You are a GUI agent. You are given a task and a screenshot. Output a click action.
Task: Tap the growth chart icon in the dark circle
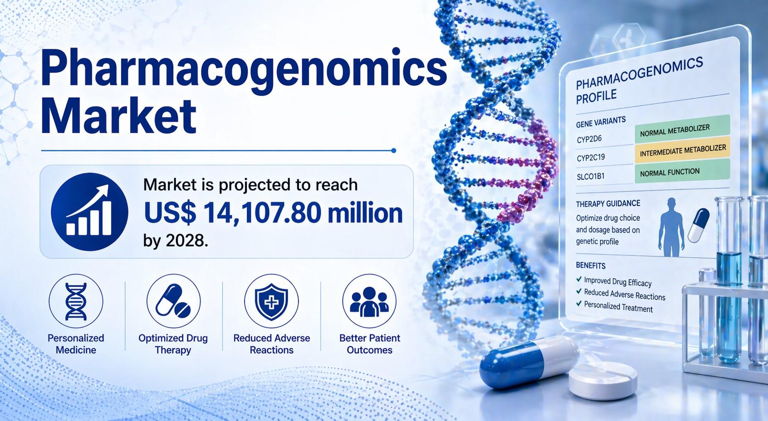coord(89,211)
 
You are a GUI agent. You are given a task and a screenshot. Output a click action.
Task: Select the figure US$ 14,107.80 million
coord(273,213)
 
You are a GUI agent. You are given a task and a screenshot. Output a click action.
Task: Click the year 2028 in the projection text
coord(186,241)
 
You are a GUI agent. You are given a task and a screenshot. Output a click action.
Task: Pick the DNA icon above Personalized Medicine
coord(76,301)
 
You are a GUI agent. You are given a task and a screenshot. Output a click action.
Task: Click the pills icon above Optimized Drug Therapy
coord(173,301)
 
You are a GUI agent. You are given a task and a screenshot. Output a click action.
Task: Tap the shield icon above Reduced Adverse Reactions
coord(271,301)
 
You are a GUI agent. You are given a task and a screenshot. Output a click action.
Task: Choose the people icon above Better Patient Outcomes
coord(369,301)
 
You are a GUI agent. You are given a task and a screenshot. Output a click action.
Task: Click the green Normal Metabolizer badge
coord(682,129)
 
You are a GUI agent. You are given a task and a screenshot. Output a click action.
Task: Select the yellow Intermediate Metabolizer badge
coord(683,150)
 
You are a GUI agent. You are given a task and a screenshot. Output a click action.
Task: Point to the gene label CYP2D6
coord(589,139)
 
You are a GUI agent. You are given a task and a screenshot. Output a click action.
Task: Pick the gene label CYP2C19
coord(591,158)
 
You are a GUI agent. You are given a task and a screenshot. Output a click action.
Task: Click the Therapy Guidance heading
coord(608,203)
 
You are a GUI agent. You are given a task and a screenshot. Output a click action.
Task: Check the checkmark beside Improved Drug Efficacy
coord(579,279)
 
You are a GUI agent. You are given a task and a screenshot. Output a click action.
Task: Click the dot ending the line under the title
coord(394,151)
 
